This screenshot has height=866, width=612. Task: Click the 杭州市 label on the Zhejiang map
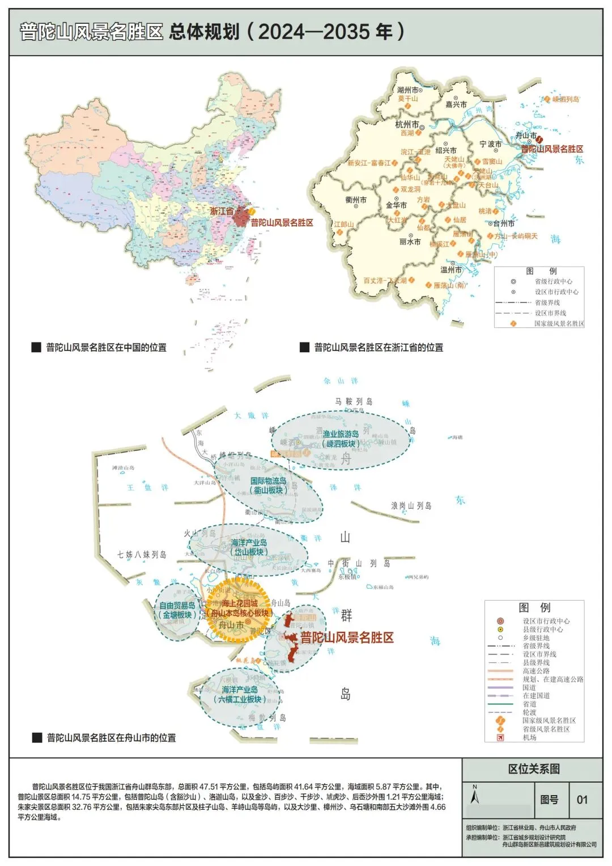point(407,124)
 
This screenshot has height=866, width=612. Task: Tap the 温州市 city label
point(451,270)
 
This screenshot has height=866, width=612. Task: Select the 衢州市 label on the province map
point(356,200)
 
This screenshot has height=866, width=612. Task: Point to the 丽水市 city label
point(410,242)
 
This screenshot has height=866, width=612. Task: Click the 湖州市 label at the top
point(408,90)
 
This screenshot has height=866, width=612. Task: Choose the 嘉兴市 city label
point(456,104)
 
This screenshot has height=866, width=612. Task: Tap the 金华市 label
point(396,205)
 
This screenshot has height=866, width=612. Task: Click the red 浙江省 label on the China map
point(222,211)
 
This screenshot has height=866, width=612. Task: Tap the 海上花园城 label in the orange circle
point(240,603)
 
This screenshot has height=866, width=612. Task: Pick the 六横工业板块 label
point(240,699)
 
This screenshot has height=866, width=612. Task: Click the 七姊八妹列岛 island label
point(142,554)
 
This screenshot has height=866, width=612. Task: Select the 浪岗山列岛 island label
point(411,505)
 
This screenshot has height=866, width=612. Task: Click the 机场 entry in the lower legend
point(529,737)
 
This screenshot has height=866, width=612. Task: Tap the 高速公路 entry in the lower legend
point(536,671)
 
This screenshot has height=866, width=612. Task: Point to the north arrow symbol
point(475,796)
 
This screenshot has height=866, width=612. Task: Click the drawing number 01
point(582,800)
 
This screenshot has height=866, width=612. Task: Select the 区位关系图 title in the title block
point(534,769)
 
